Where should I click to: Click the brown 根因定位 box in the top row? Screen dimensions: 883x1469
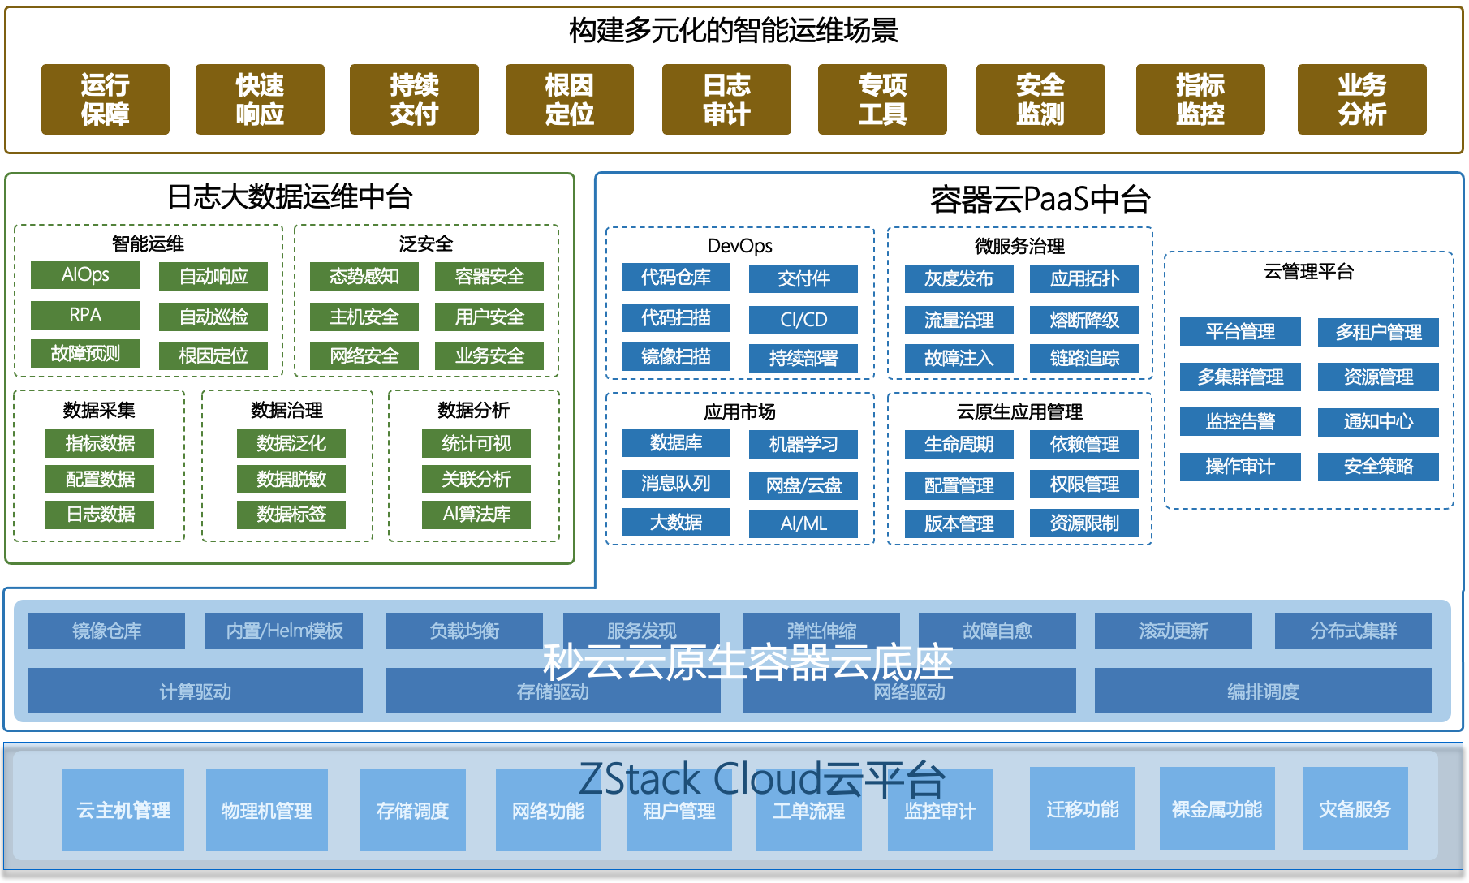coord(569,99)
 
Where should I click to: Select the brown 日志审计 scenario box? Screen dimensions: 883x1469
coord(726,99)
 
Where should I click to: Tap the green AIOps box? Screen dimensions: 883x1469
coord(85,274)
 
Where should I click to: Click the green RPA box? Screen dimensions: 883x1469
coord(85,315)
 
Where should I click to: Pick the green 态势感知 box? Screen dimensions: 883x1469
coord(364,276)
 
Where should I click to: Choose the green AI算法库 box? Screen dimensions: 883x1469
coord(476,514)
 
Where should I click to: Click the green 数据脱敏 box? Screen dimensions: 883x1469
coord(291,479)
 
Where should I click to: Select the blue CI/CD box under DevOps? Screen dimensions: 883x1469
coord(803,320)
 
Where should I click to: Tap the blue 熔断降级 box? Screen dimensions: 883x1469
coord(1084,320)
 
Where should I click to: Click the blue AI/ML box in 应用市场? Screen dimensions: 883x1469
coord(803,523)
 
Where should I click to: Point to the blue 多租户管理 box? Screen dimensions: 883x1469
coord(1378,332)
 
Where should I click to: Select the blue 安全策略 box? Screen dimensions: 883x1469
coord(1378,467)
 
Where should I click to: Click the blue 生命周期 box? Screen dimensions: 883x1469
coord(959,444)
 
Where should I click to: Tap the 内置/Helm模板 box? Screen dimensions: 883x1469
coord(284,631)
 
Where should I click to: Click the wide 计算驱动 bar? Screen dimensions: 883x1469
coord(195,691)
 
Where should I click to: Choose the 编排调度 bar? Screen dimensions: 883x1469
coord(1263,691)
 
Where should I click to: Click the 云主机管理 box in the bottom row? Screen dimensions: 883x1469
coord(123,810)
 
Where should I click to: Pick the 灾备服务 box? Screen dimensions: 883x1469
coord(1355,809)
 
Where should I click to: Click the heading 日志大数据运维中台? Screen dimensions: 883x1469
coord(290,196)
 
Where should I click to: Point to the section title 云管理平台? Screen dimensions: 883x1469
coord(1308,271)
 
